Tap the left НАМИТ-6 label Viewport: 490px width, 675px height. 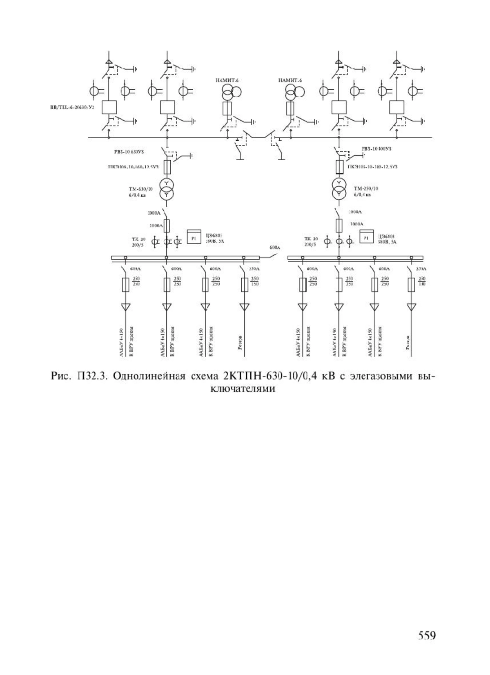227,80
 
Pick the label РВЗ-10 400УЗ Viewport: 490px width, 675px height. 376,148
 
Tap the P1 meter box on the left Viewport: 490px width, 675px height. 194,237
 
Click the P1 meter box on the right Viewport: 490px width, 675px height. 367,237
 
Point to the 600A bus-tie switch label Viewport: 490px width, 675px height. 275,247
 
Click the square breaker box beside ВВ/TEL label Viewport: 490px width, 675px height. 109,108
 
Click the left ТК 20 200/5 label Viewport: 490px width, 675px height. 137,242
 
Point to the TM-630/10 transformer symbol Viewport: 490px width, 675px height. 167,189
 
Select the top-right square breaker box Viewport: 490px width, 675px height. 396,108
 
